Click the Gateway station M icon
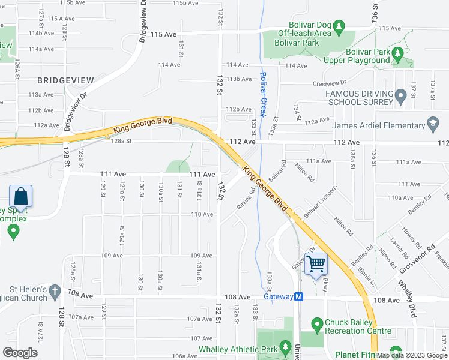coord(299,296)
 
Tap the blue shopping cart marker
coord(316,263)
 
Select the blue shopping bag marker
coord(21,196)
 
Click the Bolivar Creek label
coord(262,94)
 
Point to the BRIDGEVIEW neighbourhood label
coord(65,80)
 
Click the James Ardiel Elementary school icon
coord(432,125)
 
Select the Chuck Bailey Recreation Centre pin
coord(318,325)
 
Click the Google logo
coord(20,353)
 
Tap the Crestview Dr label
coord(330,83)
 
